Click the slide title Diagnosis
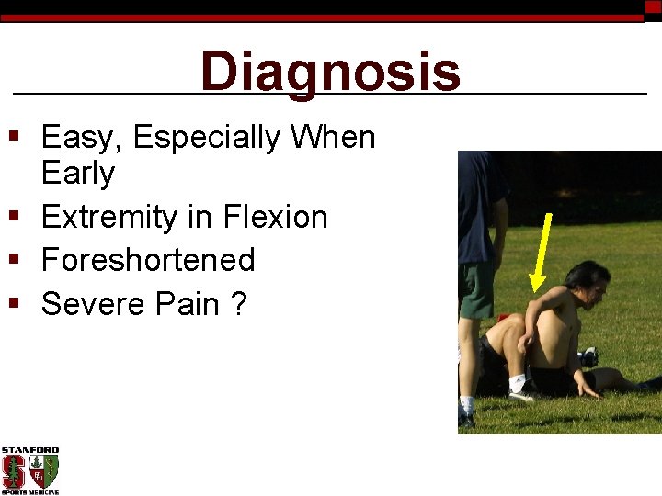pyautogui.click(x=330, y=72)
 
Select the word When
pyautogui.click(x=333, y=138)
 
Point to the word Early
pyautogui.click(x=78, y=173)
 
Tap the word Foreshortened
pyautogui.click(x=148, y=260)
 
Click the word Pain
pyautogui.click(x=191, y=303)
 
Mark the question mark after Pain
pyautogui.click(x=239, y=303)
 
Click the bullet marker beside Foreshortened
pyautogui.click(x=13, y=260)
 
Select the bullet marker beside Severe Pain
pyautogui.click(x=13, y=303)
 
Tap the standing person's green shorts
pyautogui.click(x=475, y=290)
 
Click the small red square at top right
pyautogui.click(x=653, y=6)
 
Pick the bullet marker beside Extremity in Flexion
pyautogui.click(x=13, y=217)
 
